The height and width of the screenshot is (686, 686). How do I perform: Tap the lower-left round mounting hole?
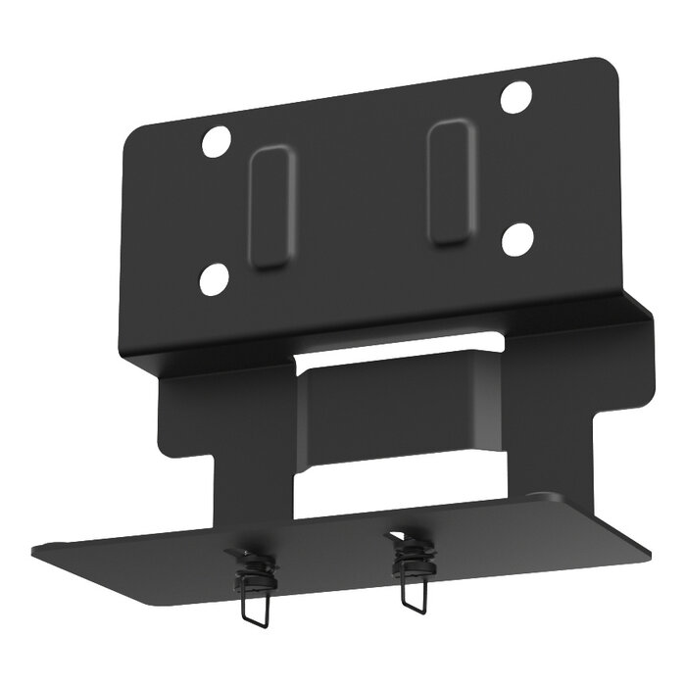213,280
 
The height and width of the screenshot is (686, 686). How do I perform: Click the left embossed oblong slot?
269,207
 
